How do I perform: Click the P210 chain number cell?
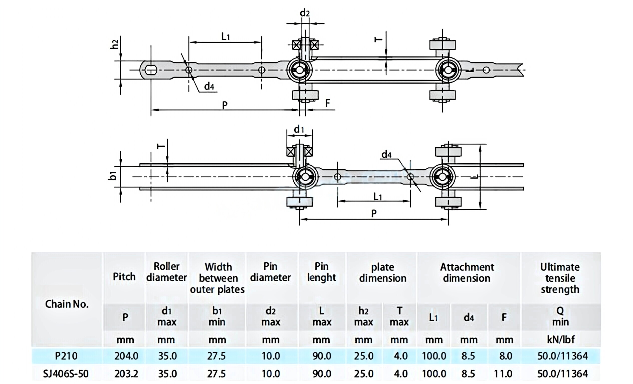66,356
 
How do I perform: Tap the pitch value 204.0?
126,356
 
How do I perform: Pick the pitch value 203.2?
126,373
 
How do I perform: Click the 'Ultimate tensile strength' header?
560,278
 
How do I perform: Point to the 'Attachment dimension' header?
467,272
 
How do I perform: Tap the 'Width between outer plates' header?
217,278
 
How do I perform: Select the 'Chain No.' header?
67,304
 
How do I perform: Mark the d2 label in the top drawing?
305,13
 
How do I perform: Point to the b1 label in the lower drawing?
113,176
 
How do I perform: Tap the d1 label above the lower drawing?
299,129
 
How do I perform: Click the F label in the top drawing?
327,103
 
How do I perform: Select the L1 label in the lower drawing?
377,197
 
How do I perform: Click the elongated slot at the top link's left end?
151,70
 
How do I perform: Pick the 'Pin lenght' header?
322,272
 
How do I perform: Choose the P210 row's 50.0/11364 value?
563,356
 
